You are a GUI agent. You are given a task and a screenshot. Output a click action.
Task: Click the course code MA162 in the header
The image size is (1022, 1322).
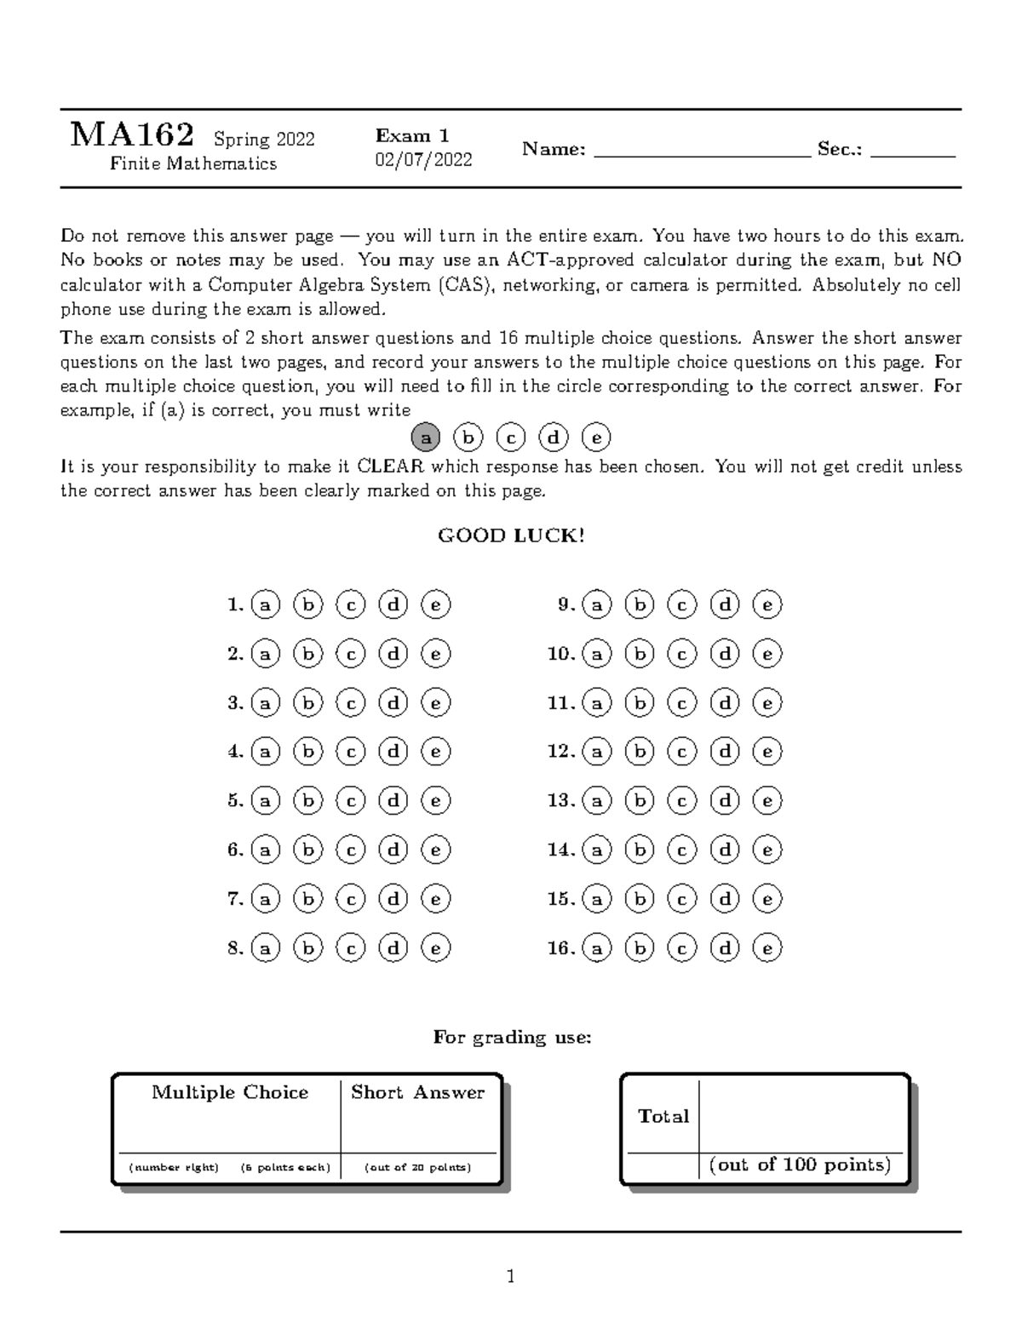pos(132,134)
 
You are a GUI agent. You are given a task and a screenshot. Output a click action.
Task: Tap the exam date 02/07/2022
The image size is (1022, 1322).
pos(423,160)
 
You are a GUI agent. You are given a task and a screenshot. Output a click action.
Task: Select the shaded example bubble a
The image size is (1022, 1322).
pos(426,438)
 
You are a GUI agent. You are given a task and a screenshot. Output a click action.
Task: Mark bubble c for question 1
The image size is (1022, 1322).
pos(350,604)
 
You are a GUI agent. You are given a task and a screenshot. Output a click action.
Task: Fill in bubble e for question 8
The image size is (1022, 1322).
pos(435,947)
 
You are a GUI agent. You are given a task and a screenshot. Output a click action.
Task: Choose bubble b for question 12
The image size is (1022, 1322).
pos(639,752)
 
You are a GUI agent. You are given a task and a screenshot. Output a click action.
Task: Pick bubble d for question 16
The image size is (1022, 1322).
pos(725,947)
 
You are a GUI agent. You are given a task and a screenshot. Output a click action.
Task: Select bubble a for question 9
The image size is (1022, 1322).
pos(597,604)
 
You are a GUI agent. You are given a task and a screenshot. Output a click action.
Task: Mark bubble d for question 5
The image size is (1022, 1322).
pos(393,800)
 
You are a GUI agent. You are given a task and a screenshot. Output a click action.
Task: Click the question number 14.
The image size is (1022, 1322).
pos(560,850)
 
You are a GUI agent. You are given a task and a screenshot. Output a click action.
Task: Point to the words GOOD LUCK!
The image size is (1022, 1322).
pos(511,535)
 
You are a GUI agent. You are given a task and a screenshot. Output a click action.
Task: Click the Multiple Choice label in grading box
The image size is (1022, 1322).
pos(230,1092)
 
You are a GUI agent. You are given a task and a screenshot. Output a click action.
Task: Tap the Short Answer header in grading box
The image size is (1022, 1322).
pos(417,1092)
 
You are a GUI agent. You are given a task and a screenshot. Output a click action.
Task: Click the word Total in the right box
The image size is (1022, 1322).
pos(663,1116)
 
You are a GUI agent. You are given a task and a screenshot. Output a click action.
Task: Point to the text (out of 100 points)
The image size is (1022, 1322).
pos(800,1165)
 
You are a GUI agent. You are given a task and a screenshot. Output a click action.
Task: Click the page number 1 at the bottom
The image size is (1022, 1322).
pos(511,1276)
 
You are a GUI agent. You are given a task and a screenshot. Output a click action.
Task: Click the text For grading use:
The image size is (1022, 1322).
pos(511,1037)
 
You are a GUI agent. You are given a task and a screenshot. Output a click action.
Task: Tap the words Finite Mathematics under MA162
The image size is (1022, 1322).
pos(193,163)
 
